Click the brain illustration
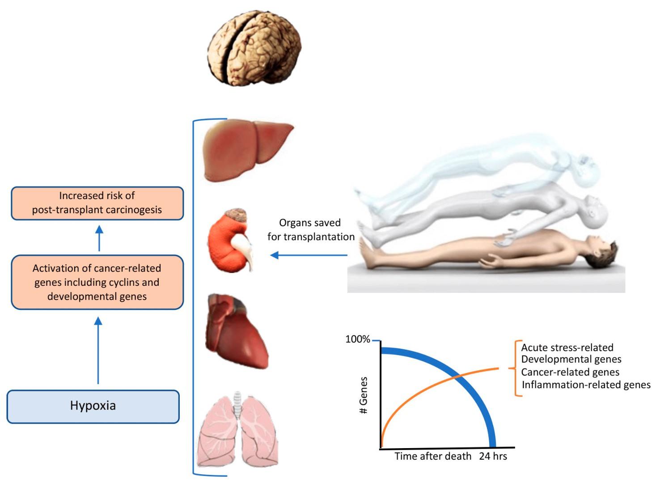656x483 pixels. (254, 48)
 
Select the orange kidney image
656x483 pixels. (230, 241)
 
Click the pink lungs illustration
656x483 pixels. (237, 429)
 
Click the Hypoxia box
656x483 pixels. (93, 407)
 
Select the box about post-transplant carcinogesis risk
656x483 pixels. (97, 203)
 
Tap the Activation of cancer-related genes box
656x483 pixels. (97, 282)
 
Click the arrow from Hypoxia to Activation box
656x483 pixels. (98, 351)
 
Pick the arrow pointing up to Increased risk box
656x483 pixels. (99, 238)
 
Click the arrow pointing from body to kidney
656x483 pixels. (309, 255)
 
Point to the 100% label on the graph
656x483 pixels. (358, 339)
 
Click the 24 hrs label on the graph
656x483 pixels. (493, 456)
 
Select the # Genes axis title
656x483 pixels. (363, 395)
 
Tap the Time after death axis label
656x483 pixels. (433, 456)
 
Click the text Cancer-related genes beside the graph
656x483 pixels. (570, 372)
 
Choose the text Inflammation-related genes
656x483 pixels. (586, 385)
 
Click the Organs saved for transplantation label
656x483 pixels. (311, 229)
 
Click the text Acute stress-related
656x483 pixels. (567, 347)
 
